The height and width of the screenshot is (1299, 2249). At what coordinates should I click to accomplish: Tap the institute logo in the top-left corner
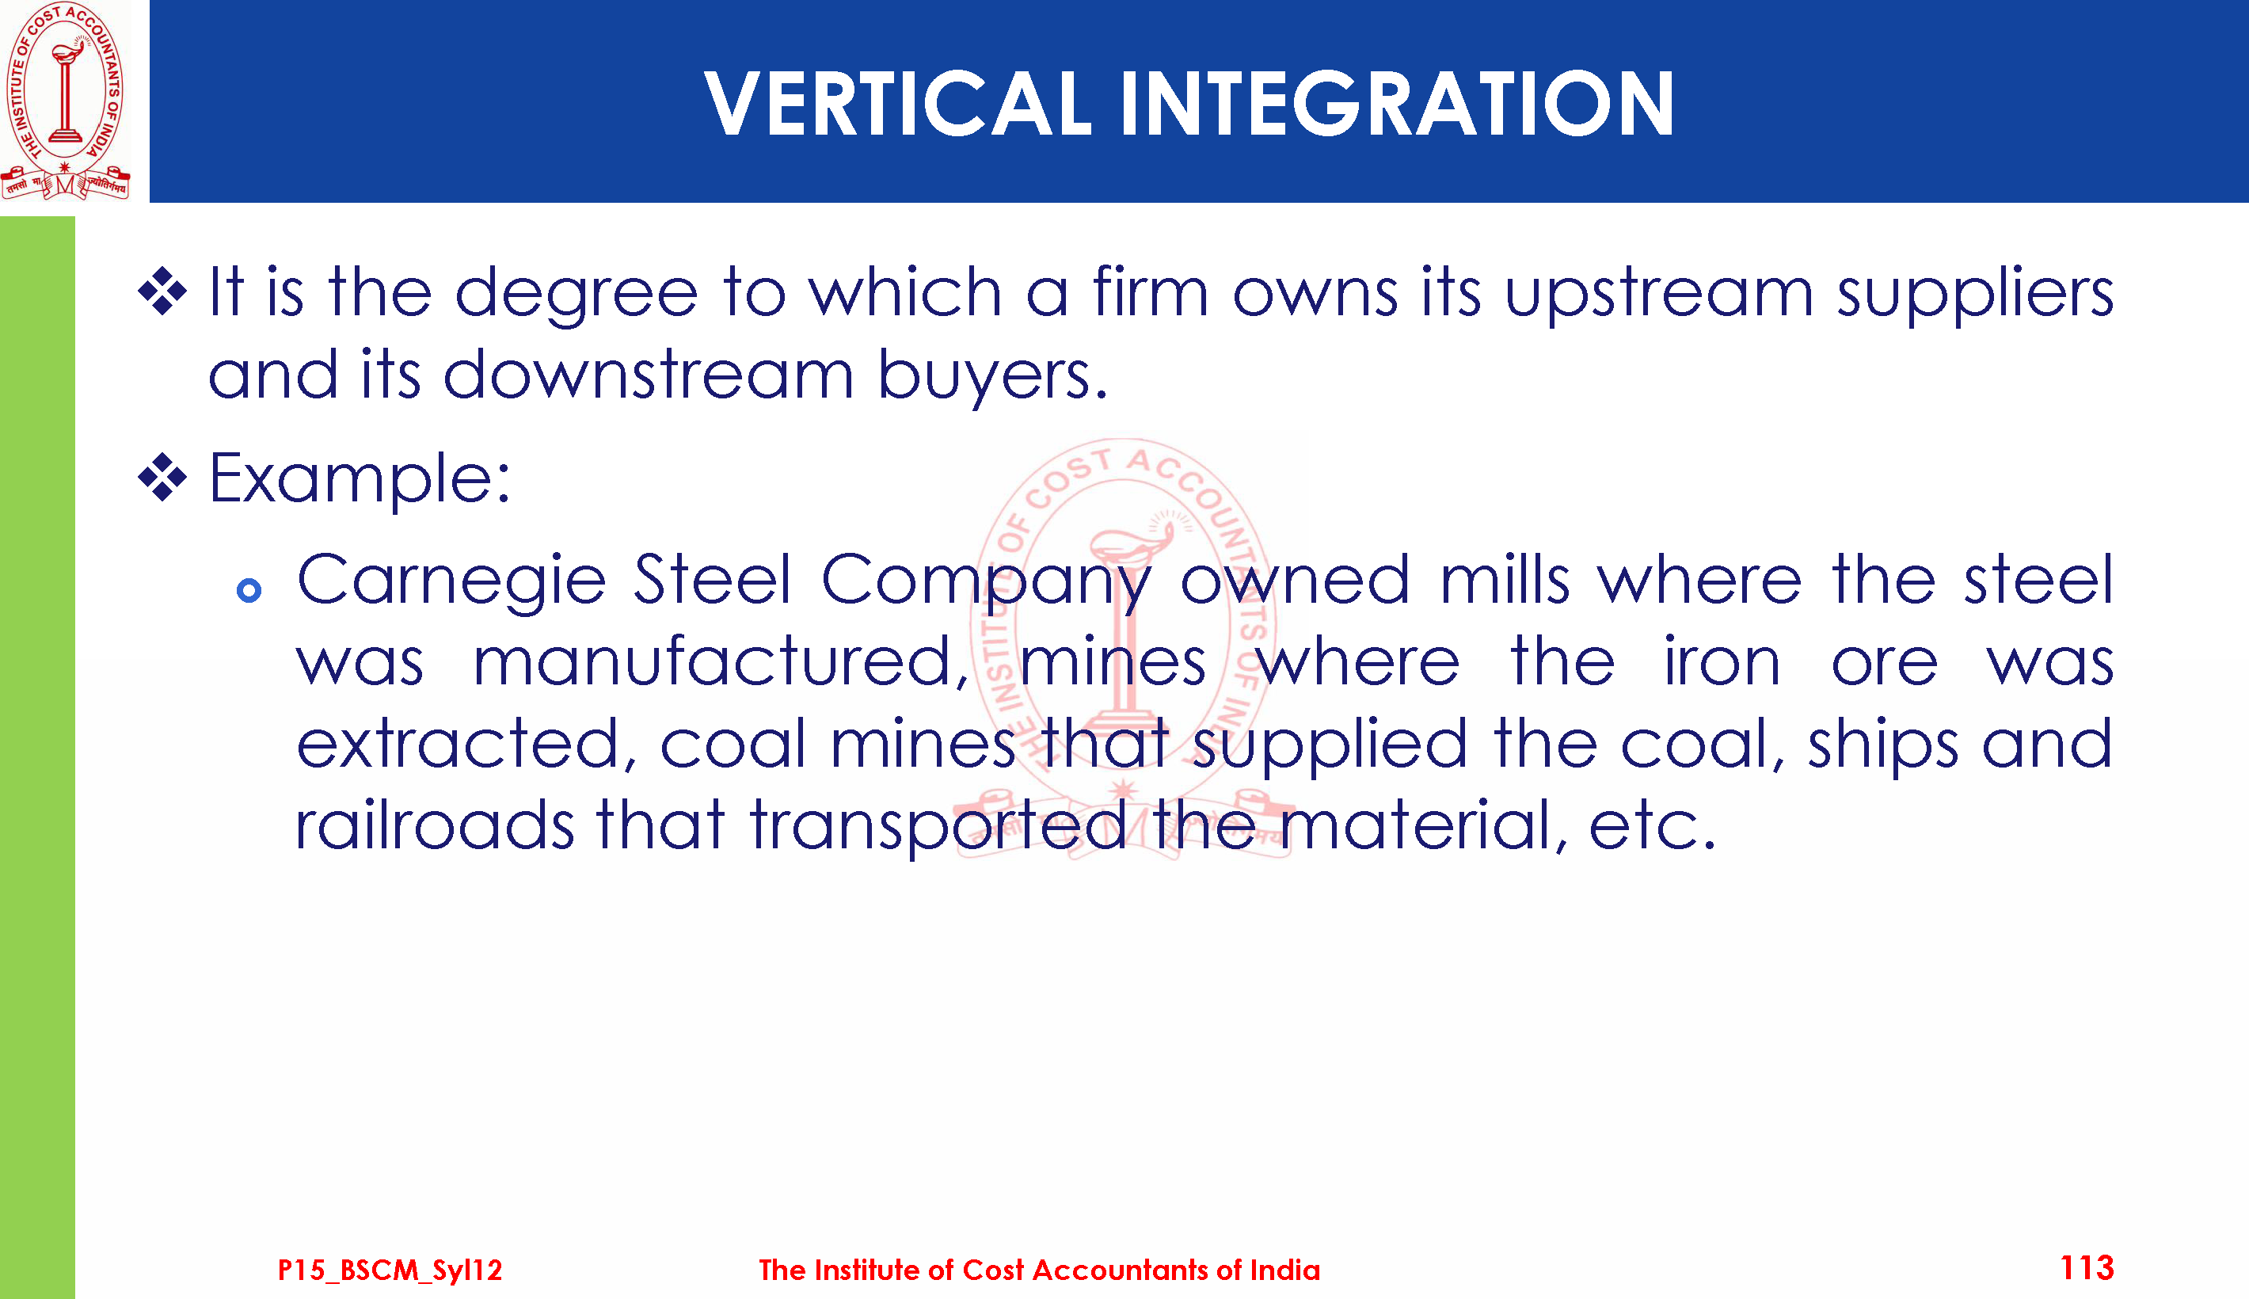(65, 100)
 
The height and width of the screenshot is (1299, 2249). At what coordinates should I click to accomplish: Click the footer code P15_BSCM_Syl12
(390, 1270)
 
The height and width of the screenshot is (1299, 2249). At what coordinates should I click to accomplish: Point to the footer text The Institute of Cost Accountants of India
(1039, 1270)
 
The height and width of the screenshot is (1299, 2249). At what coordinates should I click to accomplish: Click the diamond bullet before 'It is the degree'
(162, 291)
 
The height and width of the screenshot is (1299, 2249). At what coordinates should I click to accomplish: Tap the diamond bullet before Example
(162, 478)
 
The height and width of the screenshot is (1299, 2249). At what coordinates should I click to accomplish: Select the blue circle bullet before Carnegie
(249, 590)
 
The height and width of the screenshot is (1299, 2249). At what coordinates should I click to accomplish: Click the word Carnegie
(451, 581)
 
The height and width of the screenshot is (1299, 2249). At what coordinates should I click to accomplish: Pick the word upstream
(1659, 295)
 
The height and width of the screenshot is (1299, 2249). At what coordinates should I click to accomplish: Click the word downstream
(649, 375)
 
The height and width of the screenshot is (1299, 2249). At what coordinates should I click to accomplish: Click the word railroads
(434, 825)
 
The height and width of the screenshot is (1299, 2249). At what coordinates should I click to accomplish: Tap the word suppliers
(1975, 295)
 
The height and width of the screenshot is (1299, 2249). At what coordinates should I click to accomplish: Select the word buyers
(992, 376)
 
